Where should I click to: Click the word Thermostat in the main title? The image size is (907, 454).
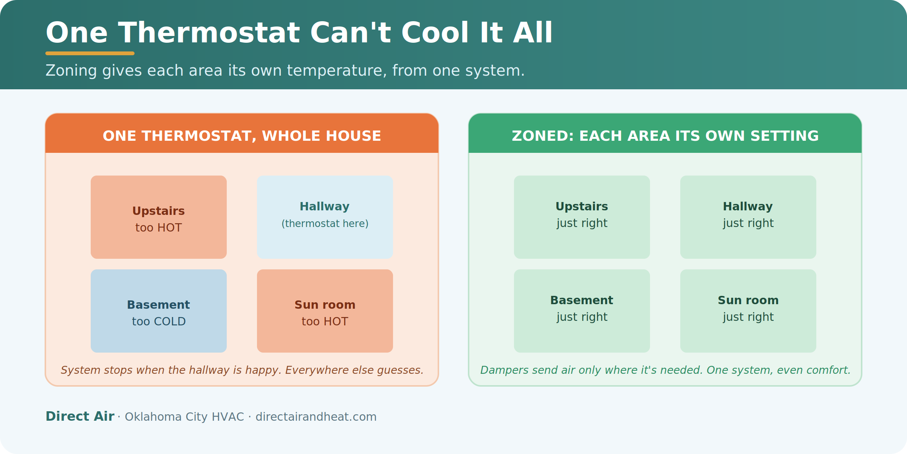point(209,33)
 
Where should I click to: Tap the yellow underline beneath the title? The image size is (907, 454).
point(90,53)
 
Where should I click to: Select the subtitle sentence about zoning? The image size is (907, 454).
point(285,71)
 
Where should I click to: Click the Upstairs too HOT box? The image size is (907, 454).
point(159,217)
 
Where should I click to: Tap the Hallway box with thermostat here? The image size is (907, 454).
point(325,217)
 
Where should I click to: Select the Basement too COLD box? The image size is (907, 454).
point(159,311)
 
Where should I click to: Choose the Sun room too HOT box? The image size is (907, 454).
point(325,311)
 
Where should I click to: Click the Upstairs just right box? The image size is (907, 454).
point(582,217)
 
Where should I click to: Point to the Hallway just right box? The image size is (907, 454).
point(748,217)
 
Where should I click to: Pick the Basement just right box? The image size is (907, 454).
point(582,311)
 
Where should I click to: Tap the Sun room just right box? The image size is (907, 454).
point(748,311)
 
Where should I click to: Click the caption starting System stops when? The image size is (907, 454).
point(242,370)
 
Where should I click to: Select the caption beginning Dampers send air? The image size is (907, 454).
point(665,370)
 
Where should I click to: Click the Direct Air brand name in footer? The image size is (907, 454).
point(80,416)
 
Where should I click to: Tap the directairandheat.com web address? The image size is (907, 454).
point(316,417)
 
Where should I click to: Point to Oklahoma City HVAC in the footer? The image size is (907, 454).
point(184,417)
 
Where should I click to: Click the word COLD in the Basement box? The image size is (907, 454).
point(170,322)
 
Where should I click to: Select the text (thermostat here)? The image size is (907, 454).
point(325,224)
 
